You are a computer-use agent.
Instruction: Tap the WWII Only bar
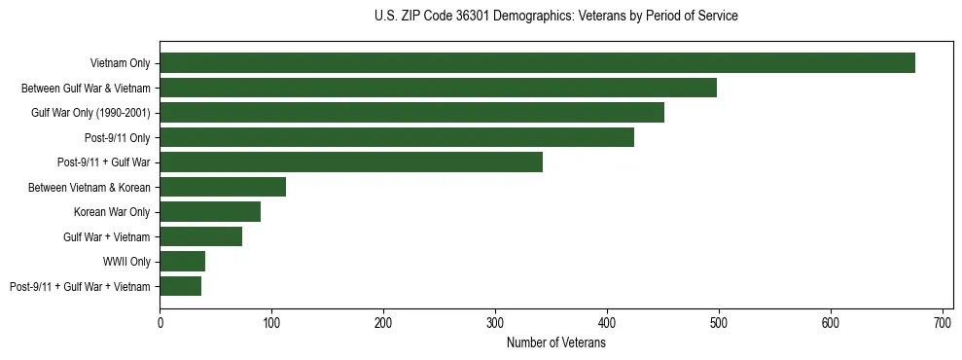pyautogui.click(x=182, y=262)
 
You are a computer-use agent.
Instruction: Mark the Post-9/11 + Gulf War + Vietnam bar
pyautogui.click(x=180, y=286)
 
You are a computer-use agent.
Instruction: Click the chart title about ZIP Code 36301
pyautogui.click(x=555, y=17)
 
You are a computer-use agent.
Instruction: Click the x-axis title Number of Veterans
pyautogui.click(x=555, y=343)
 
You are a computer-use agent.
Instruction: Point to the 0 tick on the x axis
pyautogui.click(x=160, y=322)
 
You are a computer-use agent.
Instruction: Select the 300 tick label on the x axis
pyautogui.click(x=495, y=322)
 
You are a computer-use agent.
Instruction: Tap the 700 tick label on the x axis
pyautogui.click(x=942, y=322)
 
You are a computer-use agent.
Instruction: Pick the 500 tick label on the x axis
pyautogui.click(x=719, y=322)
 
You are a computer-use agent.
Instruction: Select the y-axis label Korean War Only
pyautogui.click(x=112, y=212)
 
